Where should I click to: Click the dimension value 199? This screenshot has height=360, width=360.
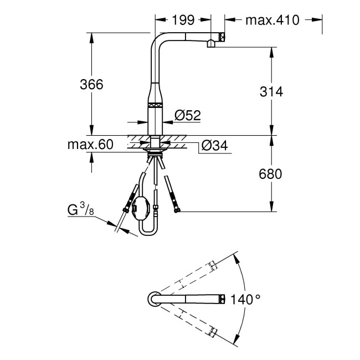coord(182,20)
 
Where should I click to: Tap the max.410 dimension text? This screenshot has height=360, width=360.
coord(272,20)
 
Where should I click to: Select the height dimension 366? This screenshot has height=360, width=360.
coord(91,85)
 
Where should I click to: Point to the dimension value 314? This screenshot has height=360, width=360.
coord(271,92)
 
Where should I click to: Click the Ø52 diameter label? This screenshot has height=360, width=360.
coord(187,115)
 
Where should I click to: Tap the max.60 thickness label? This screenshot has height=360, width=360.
coord(90,145)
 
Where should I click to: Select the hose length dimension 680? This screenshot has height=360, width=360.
coord(271,174)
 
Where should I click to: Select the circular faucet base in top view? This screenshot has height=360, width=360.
coord(153,298)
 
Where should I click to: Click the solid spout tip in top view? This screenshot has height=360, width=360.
coord(221,298)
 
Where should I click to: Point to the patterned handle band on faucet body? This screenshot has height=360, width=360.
coord(156,104)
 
